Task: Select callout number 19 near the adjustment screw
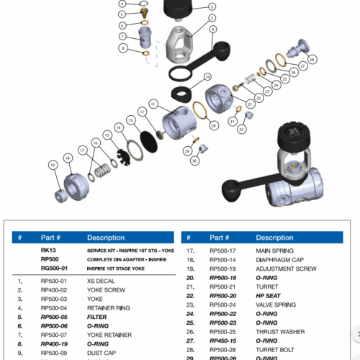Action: (52, 165)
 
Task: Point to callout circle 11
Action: (153, 104)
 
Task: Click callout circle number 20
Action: (214, 125)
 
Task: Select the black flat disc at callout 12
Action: (149, 136)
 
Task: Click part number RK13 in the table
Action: (48, 249)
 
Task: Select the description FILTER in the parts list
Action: (98, 315)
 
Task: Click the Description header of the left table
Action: (106, 238)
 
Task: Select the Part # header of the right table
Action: (221, 238)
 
